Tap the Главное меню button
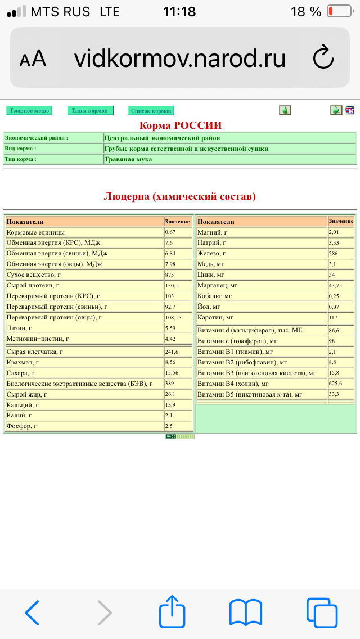(x=29, y=110)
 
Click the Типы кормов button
(x=90, y=110)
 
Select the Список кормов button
(x=151, y=110)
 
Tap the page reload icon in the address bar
(x=323, y=58)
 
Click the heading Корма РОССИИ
(x=181, y=125)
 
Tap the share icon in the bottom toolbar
(x=173, y=612)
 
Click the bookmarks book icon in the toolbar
(x=246, y=612)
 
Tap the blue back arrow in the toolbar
(x=33, y=612)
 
